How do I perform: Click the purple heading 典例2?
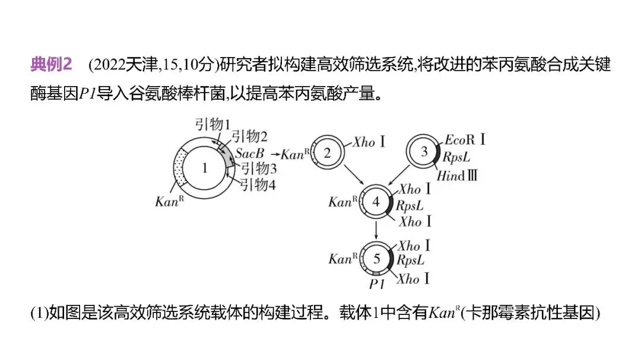51,65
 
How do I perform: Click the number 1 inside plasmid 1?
205,168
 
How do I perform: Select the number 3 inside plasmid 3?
424,151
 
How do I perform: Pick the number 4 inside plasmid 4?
376,201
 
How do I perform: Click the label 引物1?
213,124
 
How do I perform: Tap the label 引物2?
250,137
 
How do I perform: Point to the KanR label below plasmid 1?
168,201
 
